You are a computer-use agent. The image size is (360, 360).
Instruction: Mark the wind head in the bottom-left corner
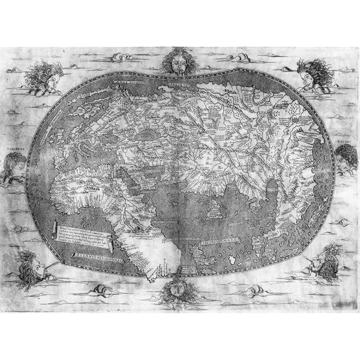(x=32, y=267)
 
